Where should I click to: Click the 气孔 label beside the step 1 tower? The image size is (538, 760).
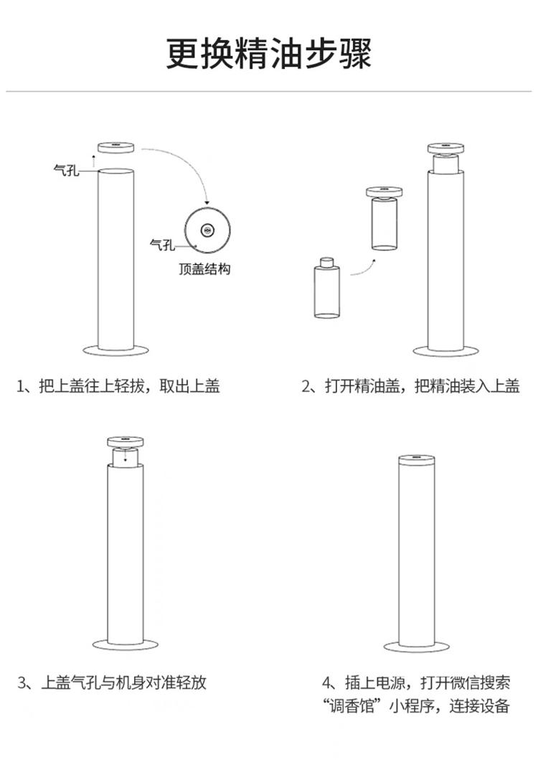point(66,170)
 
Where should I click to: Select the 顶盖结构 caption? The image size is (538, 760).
point(205,270)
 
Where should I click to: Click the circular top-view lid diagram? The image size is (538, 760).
point(207,230)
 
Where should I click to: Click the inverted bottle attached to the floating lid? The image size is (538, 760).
point(384,223)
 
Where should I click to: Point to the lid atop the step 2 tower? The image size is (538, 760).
point(445,149)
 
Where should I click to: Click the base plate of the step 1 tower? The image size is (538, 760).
point(115,350)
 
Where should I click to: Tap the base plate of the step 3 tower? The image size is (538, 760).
point(125,644)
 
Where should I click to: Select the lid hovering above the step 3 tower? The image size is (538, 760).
point(125,441)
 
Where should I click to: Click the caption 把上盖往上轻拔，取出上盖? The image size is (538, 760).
point(118,387)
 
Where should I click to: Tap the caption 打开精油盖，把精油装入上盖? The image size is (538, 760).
point(410,387)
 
